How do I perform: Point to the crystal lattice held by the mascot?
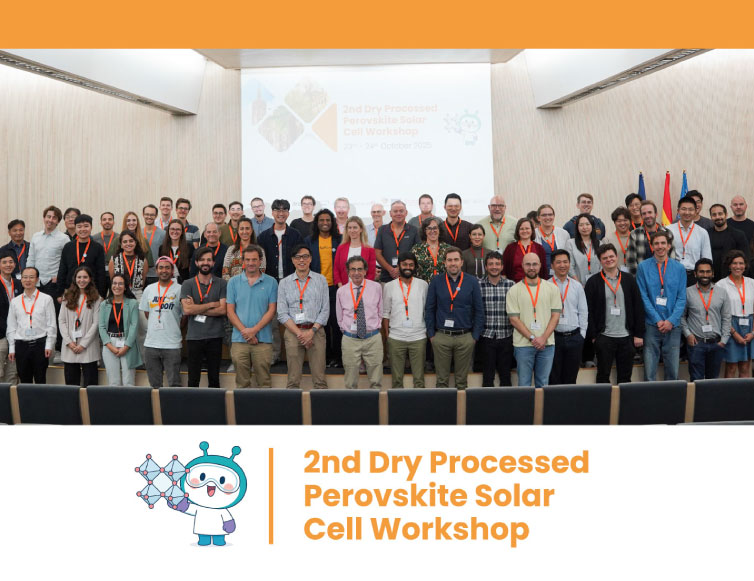161,479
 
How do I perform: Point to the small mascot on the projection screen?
464,126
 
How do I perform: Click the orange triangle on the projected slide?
325,128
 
